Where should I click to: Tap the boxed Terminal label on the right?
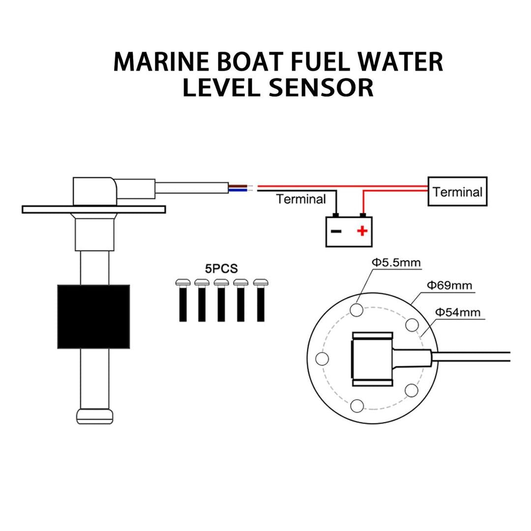coord(457,192)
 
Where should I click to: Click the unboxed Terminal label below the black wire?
coord(301,199)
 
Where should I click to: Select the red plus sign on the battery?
coord(362,231)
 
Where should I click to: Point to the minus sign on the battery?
coord(336,231)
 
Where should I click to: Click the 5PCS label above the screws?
coord(221,269)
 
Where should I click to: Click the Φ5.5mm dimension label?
coord(396,263)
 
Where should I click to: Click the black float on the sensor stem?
coord(93,317)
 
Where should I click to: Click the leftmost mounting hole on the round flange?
coord(322,358)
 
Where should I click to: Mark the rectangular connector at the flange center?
coord(372,358)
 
